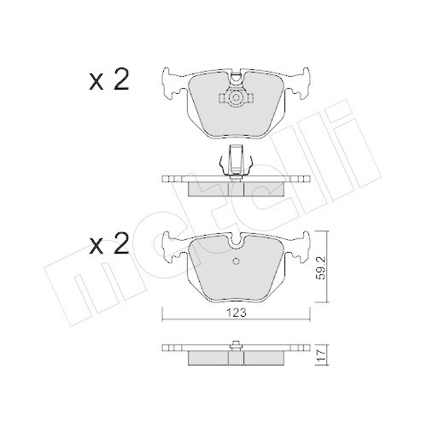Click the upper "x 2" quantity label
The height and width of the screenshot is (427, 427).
tap(108, 82)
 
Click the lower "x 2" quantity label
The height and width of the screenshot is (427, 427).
tap(108, 247)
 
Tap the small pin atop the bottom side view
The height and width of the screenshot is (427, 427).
tap(234, 344)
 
